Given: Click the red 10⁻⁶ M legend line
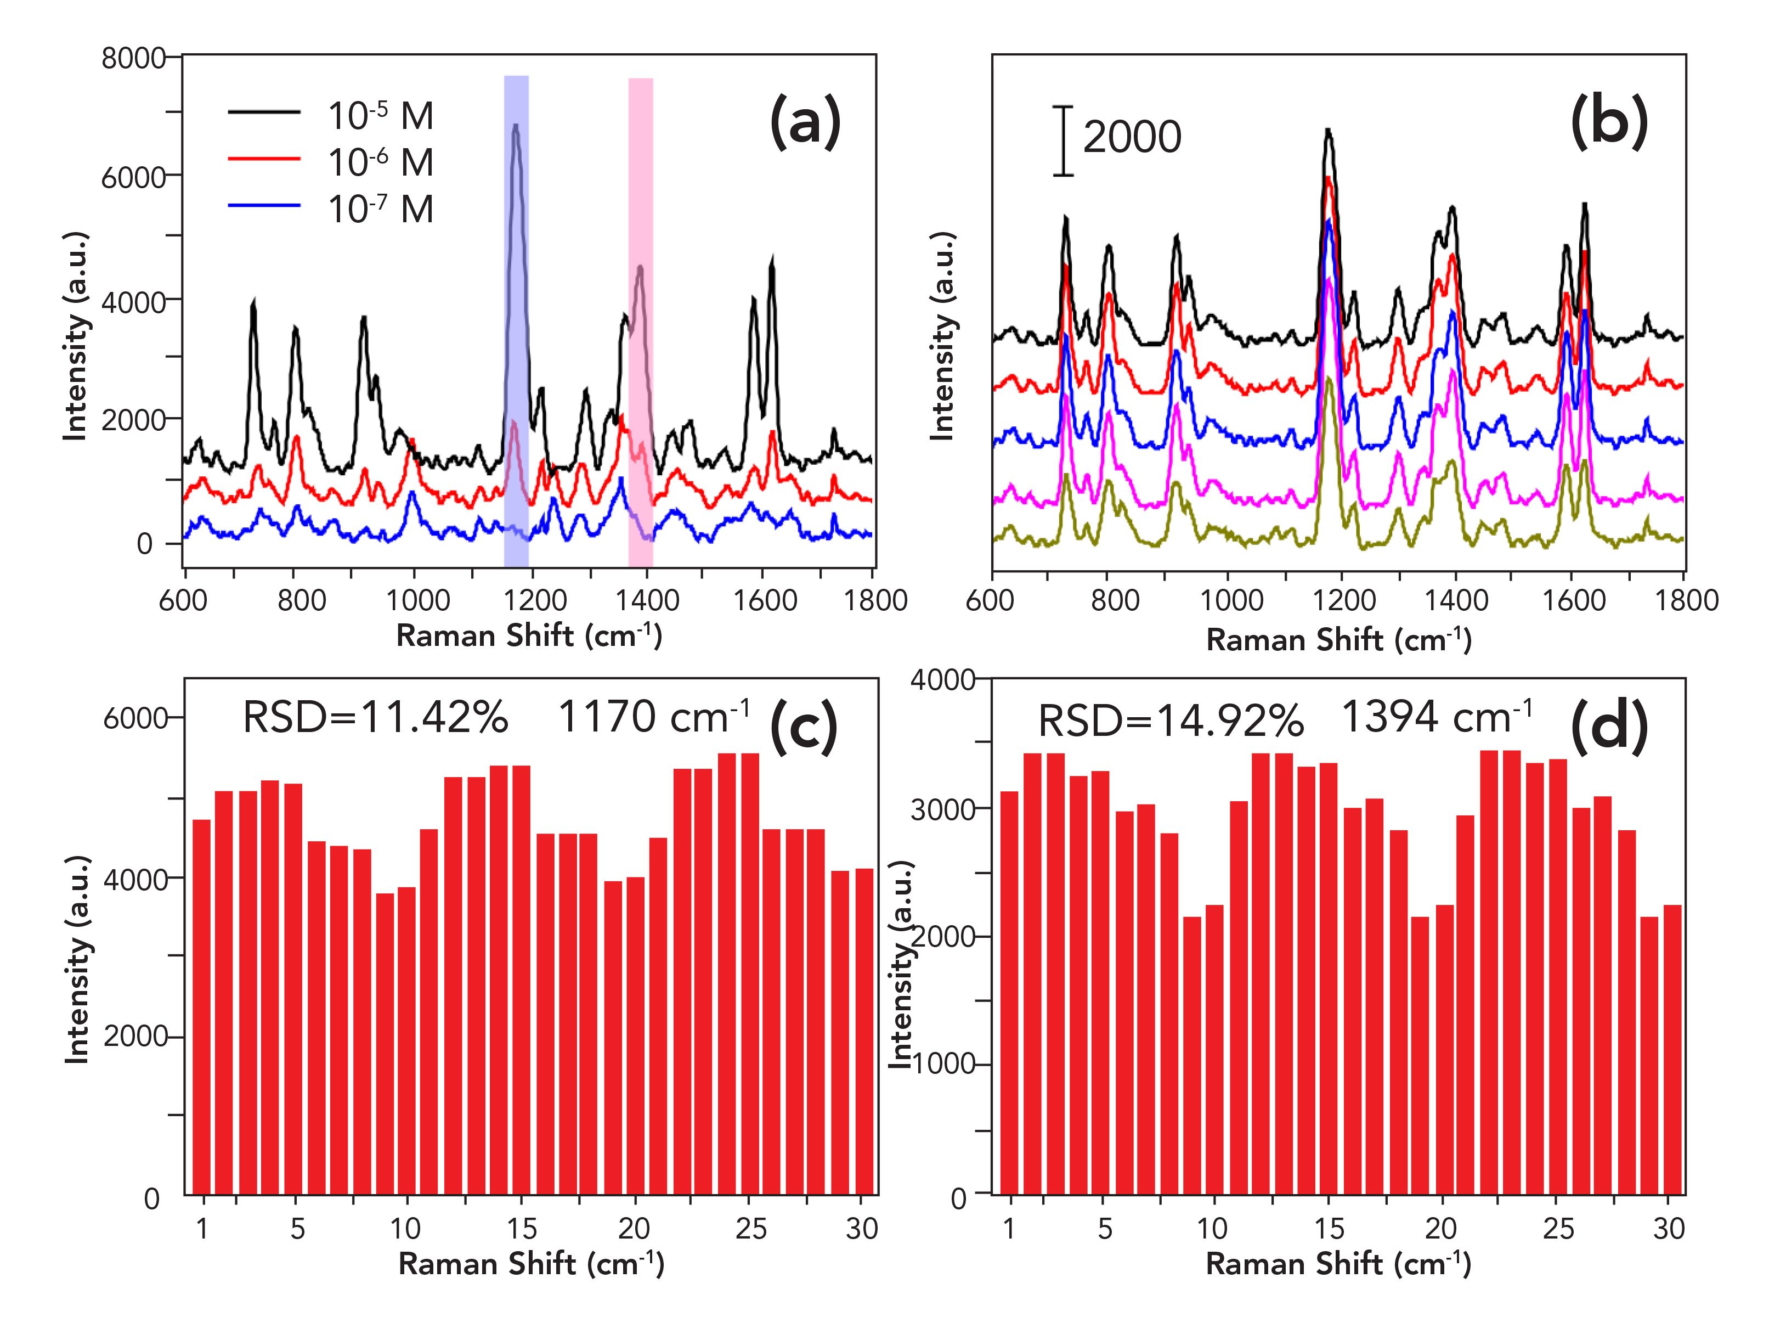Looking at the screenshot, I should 264,159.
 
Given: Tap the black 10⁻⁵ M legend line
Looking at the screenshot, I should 264,111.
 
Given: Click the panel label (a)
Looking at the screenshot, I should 805,121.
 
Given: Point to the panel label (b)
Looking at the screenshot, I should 1609,121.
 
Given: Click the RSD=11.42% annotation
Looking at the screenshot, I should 375,718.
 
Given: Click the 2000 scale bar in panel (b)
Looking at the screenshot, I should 1063,140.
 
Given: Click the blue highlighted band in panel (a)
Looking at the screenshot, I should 516,319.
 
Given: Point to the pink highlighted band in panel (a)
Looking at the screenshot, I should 641,319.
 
